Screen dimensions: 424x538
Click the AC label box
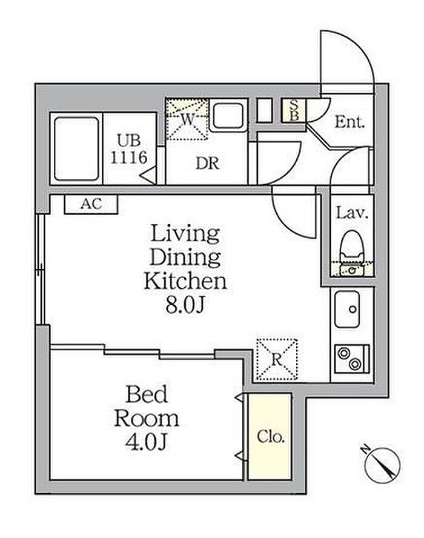[x=91, y=205]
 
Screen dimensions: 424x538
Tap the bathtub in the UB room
[x=76, y=148]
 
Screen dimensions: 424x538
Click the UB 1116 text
[x=128, y=149]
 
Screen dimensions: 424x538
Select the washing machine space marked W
[x=187, y=119]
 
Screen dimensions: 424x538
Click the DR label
[x=207, y=164]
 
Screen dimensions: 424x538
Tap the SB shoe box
[x=294, y=110]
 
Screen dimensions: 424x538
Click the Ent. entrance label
[x=349, y=122]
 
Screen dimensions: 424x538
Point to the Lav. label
[x=352, y=213]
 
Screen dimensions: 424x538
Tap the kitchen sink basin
[x=347, y=310]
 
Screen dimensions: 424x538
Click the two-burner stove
[x=352, y=359]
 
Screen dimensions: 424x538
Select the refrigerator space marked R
[x=277, y=360]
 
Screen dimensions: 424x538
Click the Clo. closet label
[x=271, y=437]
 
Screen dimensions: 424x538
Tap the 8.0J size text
[x=185, y=304]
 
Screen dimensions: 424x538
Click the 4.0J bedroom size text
[x=147, y=442]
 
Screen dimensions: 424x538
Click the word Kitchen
[x=185, y=281]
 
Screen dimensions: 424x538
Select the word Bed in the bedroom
[x=147, y=394]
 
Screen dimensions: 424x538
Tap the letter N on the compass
[x=366, y=449]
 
